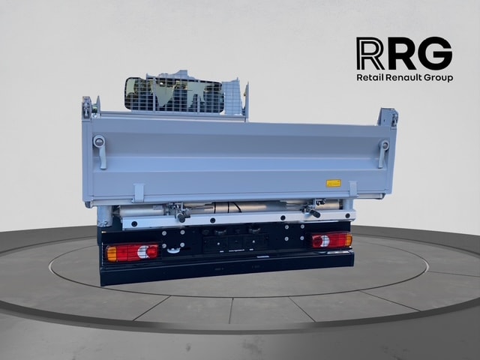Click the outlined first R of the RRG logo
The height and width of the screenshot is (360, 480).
point(370,53)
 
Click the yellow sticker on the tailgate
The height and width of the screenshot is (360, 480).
point(333,183)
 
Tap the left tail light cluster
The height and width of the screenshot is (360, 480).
point(132,253)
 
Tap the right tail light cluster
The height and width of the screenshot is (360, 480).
point(332,240)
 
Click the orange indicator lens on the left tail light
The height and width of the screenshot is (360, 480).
point(112,253)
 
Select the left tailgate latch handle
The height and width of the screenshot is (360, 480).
point(100,151)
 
